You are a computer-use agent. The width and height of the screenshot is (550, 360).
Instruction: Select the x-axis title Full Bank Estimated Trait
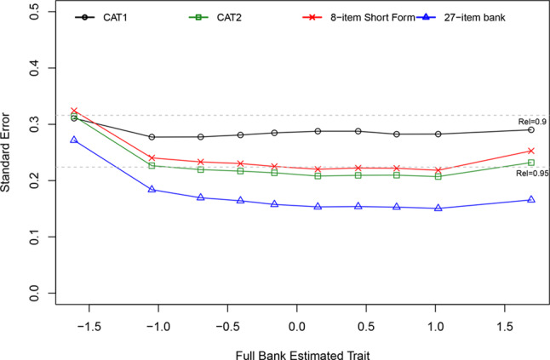pos(295,349)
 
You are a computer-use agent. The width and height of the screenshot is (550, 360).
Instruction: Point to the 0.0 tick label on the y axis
pos(35,294)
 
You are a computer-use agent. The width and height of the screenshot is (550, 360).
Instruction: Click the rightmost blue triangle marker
pos(531,199)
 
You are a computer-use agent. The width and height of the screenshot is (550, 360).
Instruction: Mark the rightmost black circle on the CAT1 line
pos(531,129)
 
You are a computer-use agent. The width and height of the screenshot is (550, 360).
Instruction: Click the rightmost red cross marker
pos(531,151)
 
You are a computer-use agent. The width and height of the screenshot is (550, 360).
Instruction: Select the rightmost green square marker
pos(531,163)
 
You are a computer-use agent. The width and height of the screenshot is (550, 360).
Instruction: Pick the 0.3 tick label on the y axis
pos(35,124)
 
